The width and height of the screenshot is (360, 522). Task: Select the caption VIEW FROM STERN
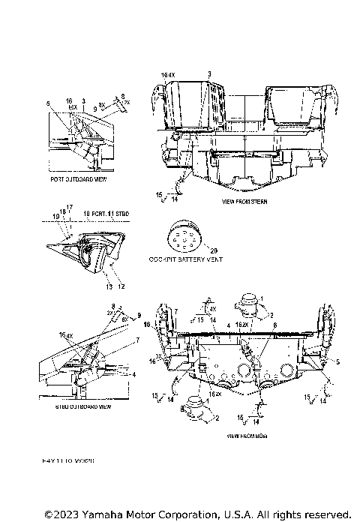245,202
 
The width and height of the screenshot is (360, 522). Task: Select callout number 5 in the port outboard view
47,103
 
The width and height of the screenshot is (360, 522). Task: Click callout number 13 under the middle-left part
108,287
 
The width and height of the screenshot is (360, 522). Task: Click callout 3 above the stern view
209,74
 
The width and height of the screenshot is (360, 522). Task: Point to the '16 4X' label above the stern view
168,75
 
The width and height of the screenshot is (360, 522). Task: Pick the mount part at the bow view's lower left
196,403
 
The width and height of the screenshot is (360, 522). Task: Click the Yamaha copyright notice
198,514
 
